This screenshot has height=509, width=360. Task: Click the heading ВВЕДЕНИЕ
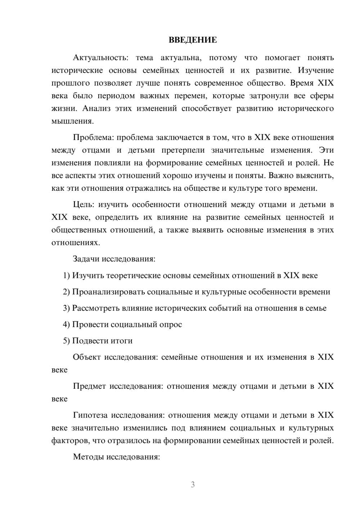point(193,40)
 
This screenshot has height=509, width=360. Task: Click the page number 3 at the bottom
point(193,485)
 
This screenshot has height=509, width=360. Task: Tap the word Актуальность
point(95,58)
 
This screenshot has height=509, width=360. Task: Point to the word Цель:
point(83,205)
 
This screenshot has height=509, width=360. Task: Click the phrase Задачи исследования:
point(114,259)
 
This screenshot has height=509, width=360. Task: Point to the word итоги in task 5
point(121,341)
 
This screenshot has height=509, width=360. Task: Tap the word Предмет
point(89,386)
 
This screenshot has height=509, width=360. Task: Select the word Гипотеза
point(90,415)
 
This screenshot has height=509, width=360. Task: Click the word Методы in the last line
point(86,457)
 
